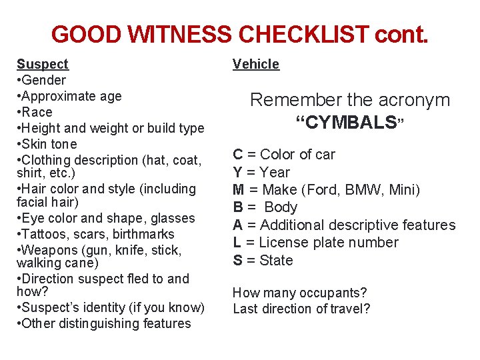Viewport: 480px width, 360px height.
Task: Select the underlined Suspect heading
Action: tap(42, 64)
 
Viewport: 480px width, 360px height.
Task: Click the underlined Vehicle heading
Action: tap(256, 64)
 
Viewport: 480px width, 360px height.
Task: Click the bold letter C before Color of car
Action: tap(237, 154)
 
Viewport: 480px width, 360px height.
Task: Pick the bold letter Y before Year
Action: tap(237, 172)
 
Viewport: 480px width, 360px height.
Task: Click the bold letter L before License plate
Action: tap(237, 243)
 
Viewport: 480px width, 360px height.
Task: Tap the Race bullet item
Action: tap(37, 112)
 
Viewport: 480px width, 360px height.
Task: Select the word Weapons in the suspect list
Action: tap(48, 250)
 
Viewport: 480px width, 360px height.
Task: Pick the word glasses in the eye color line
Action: tap(172, 218)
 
